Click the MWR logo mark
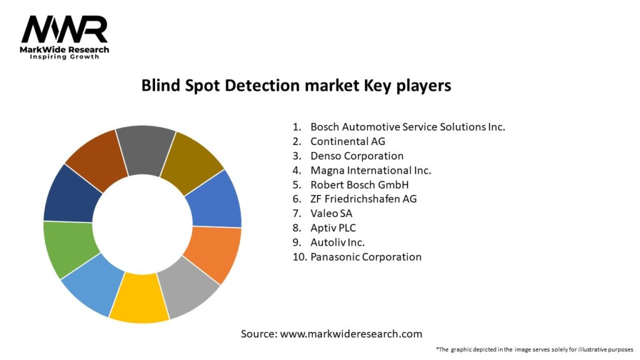64,29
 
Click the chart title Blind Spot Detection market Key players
296,86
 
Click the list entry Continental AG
347,142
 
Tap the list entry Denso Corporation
357,156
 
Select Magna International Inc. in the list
371,170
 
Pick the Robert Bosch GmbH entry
359,185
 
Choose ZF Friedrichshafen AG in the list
363,199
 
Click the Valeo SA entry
331,214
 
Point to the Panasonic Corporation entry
366,257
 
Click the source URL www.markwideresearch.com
351,334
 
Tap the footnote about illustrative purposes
535,350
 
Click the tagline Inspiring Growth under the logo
64,57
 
